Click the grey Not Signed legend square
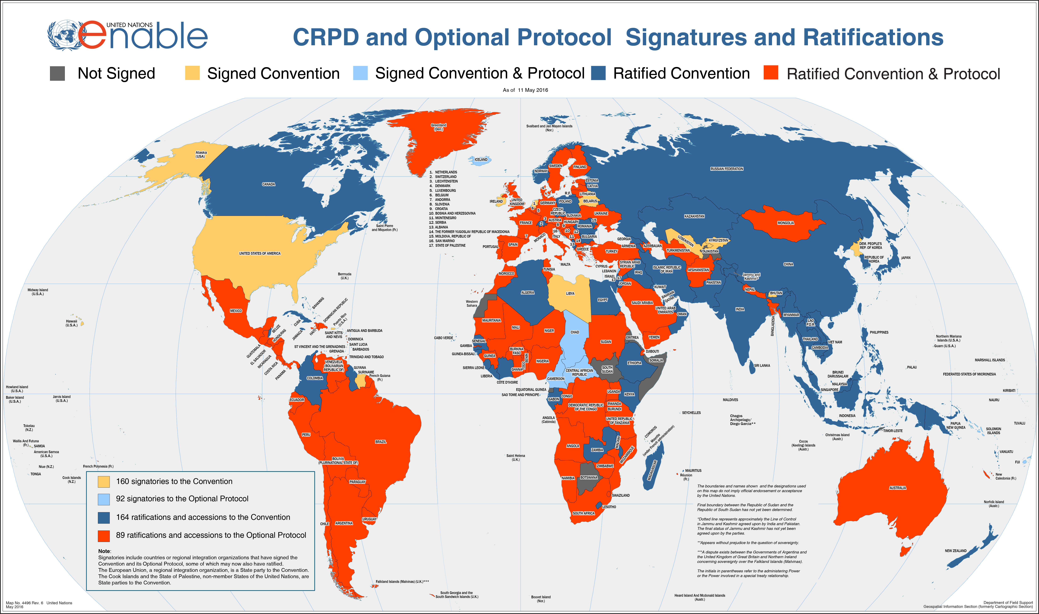(57, 73)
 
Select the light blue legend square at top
(360, 73)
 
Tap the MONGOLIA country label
(785, 223)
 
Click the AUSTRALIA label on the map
(897, 488)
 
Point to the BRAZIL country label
(380, 442)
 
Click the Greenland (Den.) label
(438, 127)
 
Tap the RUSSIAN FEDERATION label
(726, 169)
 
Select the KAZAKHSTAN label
(694, 216)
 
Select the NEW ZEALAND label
(955, 551)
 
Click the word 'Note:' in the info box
(104, 551)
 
